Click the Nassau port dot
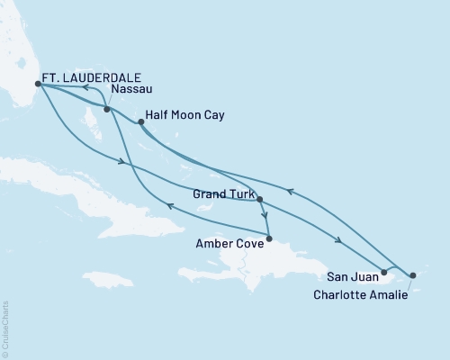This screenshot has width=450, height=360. [x=107, y=110]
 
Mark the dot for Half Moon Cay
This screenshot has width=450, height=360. [x=140, y=121]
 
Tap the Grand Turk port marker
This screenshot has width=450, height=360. [x=259, y=200]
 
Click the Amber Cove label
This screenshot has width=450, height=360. [x=230, y=241]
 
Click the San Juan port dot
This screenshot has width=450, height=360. [x=384, y=272]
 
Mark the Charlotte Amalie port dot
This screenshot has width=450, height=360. [x=413, y=275]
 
